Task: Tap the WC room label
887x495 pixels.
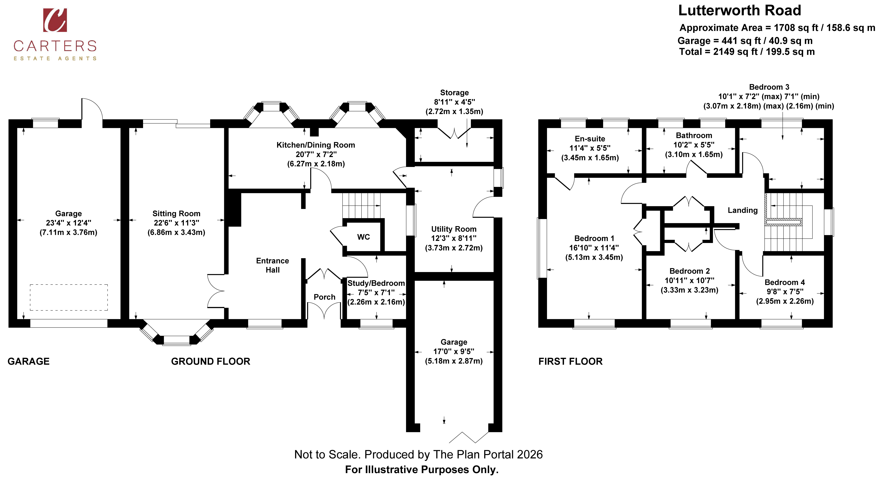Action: coord(364,237)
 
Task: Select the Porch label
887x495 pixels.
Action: coord(324,297)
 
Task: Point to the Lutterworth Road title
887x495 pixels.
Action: coord(740,10)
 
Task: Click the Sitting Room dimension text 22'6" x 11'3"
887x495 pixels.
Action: coord(176,223)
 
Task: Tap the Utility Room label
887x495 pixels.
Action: coord(454,229)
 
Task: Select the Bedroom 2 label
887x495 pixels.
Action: coord(690,271)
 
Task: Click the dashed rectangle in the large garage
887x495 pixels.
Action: coord(69,297)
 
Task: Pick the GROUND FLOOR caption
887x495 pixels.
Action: coord(211,361)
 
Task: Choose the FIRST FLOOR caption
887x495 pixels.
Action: coord(571,361)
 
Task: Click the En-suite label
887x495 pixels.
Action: coord(590,139)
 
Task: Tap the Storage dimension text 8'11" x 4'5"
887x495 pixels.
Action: coord(454,102)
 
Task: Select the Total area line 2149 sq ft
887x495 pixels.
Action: coord(747,52)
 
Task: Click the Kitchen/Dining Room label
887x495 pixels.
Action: coord(316,145)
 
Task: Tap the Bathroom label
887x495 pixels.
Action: coord(694,135)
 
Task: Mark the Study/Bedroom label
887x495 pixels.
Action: coord(376,283)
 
